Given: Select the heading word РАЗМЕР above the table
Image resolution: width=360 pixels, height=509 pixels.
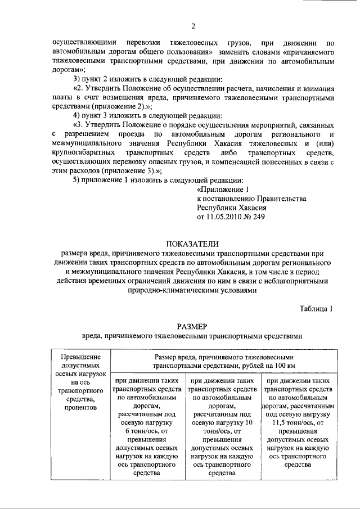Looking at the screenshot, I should coord(192,325).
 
